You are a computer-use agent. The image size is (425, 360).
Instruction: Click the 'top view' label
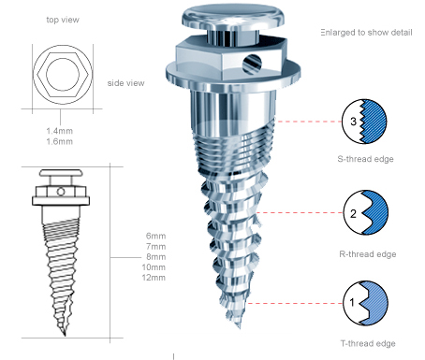tap(63, 20)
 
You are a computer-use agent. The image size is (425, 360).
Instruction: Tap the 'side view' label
tap(125, 83)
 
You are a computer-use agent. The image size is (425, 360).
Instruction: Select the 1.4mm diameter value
tap(60, 131)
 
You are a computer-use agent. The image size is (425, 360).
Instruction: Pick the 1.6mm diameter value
tap(60, 141)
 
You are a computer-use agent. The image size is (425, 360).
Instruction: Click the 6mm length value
tap(155, 236)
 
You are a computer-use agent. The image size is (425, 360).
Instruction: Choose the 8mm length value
tap(155, 257)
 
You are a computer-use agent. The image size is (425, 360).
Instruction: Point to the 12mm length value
tap(154, 278)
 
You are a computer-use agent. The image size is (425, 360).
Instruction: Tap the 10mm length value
tap(154, 267)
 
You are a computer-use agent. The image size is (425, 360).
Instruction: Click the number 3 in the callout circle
tap(353, 122)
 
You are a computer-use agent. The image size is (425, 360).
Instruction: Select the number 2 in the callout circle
tap(353, 213)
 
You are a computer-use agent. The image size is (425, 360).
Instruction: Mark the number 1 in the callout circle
tap(352, 302)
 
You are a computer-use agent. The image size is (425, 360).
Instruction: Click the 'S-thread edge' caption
tap(365, 159)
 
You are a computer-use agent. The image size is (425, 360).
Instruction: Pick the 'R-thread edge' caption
tap(368, 254)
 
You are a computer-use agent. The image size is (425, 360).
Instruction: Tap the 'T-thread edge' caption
tap(368, 343)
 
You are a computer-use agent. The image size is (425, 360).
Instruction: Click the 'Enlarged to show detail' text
tap(366, 33)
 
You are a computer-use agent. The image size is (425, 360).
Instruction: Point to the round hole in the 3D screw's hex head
tap(252, 64)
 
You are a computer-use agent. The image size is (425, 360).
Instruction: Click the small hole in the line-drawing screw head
tap(61, 192)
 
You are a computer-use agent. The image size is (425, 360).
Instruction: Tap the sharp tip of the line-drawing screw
tap(65, 336)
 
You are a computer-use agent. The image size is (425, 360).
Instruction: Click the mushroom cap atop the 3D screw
tap(233, 16)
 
